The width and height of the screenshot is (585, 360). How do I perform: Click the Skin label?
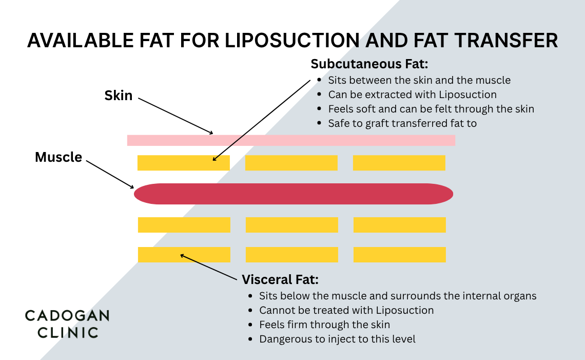[x=119, y=96]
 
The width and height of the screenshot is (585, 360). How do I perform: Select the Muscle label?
[x=59, y=157]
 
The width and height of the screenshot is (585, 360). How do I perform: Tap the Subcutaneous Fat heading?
[x=369, y=64]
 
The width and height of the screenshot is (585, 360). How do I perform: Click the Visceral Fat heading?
[x=280, y=280]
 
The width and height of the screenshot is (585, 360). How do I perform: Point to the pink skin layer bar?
[x=291, y=140]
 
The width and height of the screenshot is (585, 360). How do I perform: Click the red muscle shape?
[x=293, y=194]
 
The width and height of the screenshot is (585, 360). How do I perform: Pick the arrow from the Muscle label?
[x=110, y=174]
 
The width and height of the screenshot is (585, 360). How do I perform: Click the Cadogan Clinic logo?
[x=67, y=324]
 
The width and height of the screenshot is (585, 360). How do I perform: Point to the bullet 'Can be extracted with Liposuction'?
[x=413, y=94]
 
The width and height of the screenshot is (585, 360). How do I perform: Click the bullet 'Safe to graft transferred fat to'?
[x=402, y=123]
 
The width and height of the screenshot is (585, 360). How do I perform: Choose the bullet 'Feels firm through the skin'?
[x=324, y=325]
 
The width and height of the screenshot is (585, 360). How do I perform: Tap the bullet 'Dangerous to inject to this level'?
[x=337, y=339]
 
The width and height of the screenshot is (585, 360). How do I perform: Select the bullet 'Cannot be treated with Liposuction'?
[x=346, y=310]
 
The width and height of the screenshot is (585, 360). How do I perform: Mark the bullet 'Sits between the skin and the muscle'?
[x=419, y=80]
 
